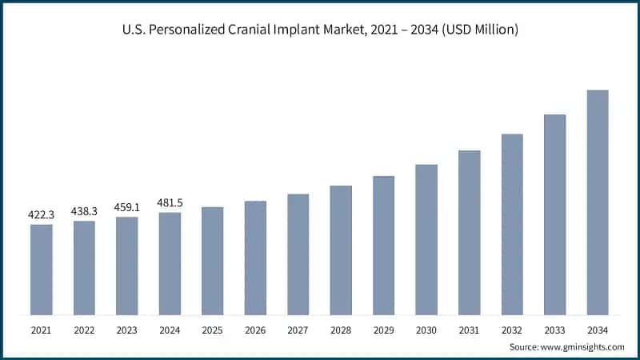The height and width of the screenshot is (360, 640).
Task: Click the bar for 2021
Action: pos(42,270)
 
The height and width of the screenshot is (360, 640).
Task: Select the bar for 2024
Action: pos(170,263)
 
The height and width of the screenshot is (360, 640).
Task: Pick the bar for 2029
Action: pos(383,246)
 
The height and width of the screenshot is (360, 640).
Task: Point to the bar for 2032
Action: pos(512,224)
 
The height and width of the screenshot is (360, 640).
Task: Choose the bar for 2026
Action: pos(255,258)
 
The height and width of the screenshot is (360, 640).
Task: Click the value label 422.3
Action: pos(42,214)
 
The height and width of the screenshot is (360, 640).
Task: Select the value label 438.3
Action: pos(84,210)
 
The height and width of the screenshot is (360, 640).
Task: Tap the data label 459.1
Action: pos(126,206)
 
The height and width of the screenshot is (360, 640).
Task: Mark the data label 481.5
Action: pos(170,202)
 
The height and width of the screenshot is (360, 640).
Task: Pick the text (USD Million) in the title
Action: pos(479,30)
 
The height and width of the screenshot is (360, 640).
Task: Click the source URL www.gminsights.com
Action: pos(582,346)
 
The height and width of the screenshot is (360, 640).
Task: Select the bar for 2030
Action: pos(426,240)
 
